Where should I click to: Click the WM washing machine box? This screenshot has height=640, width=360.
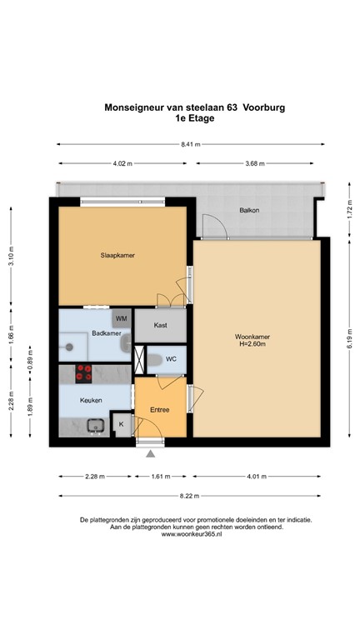(x=122, y=319)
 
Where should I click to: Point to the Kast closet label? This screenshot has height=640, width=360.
(x=161, y=325)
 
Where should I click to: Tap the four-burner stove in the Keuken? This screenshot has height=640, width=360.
(x=84, y=373)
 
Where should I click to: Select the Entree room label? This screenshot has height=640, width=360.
(x=160, y=409)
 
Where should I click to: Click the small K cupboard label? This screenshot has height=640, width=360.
(x=122, y=425)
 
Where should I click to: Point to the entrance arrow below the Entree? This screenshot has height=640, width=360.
(x=151, y=454)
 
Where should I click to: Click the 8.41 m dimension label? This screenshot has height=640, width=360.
(x=189, y=145)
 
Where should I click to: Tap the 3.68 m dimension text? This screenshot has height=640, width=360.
(x=256, y=164)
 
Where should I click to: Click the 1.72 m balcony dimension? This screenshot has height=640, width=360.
(x=347, y=212)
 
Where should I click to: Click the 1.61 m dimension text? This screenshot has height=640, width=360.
(x=160, y=477)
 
